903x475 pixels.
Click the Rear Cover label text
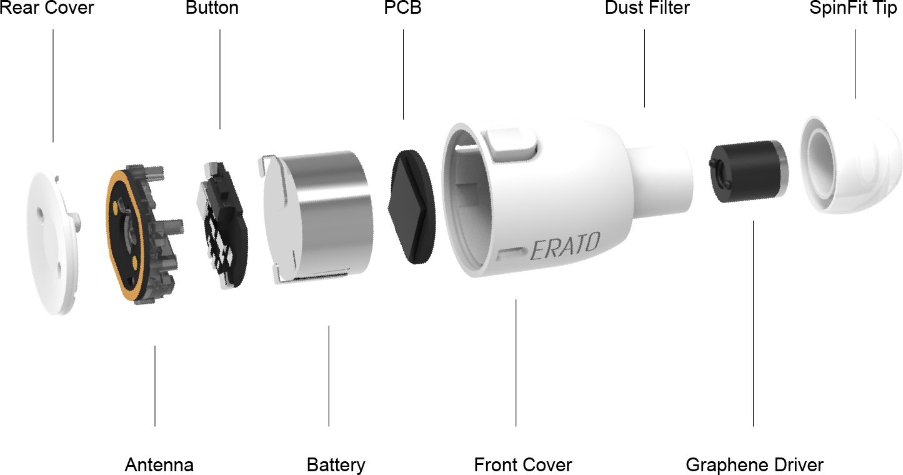click(x=47, y=7)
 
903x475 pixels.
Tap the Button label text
click(x=212, y=7)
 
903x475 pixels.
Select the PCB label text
click(x=402, y=7)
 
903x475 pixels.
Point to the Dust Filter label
click(x=647, y=7)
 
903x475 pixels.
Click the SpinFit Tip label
click(x=853, y=9)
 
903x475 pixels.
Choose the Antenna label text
click(x=159, y=465)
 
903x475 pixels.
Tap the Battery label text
click(x=336, y=466)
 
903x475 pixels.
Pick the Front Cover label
click(x=523, y=465)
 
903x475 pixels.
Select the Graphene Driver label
click(x=755, y=466)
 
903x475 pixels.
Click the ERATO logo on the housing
click(x=565, y=246)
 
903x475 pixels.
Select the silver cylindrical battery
click(x=316, y=217)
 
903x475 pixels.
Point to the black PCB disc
click(x=412, y=207)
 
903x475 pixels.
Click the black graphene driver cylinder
click(x=748, y=171)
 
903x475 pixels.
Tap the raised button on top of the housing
click(x=512, y=144)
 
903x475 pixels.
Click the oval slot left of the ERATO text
click(x=511, y=254)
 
